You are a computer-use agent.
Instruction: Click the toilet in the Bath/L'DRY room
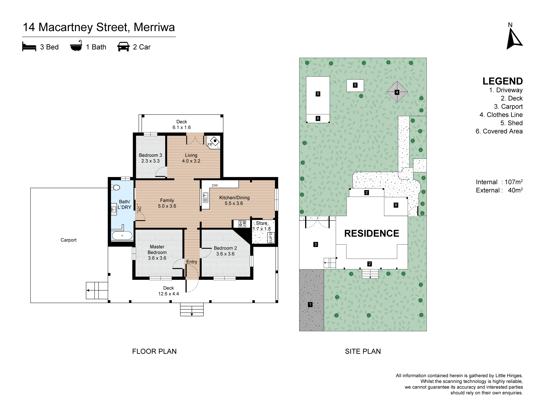(116, 187)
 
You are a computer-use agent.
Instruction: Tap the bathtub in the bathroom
(122, 235)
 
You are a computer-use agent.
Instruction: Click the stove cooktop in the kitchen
(242, 224)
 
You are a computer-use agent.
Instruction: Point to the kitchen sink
(206, 197)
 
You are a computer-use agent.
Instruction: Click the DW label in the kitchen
(215, 185)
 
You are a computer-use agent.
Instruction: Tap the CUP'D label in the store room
(271, 237)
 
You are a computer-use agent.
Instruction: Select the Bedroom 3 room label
(150, 155)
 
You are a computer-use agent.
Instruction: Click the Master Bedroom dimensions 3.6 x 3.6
(157, 258)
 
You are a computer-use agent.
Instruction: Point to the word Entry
(192, 262)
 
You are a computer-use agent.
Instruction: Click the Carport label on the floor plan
(68, 240)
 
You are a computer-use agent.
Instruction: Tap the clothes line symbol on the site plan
(397, 92)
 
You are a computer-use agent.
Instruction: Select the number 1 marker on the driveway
(310, 304)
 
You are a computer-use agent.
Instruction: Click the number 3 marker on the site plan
(316, 244)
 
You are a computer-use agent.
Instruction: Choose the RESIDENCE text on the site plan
(371, 233)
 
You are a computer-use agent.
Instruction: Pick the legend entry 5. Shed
(511, 123)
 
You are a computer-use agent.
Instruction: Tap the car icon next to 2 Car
(123, 47)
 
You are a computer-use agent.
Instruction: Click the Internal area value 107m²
(513, 182)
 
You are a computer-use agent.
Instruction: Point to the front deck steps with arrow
(192, 309)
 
